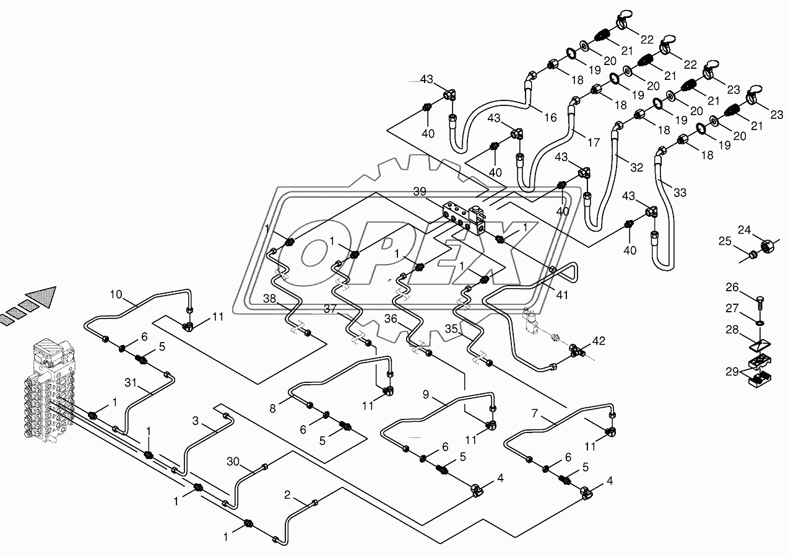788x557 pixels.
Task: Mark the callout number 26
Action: tap(732, 287)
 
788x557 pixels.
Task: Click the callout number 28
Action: tap(732, 330)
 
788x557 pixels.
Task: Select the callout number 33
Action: tap(680, 193)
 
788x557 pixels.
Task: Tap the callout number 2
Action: tap(287, 494)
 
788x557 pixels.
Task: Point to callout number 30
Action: tap(233, 461)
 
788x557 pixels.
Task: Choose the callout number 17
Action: tap(594, 142)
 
